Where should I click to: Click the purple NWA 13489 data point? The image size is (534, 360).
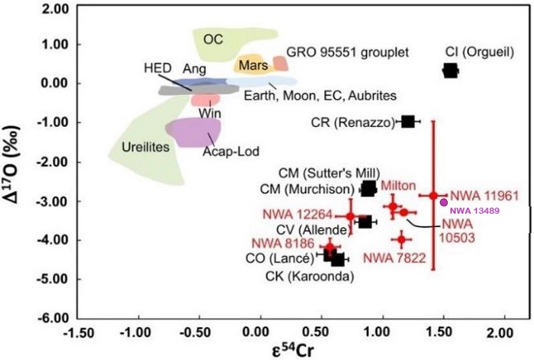[x=443, y=202]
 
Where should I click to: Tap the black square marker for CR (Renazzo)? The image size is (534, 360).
[x=408, y=122]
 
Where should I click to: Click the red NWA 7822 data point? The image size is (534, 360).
[x=402, y=238]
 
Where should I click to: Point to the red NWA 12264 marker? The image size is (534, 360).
[x=351, y=216]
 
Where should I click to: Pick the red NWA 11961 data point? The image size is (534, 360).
[x=433, y=196]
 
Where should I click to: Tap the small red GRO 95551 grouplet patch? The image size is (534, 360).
[x=280, y=63]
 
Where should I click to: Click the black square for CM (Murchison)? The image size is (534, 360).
[x=368, y=189]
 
